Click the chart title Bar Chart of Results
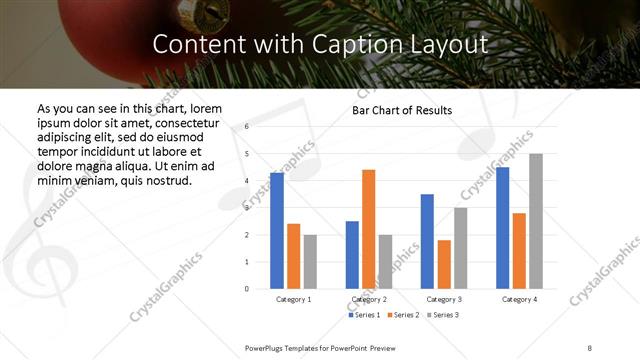(x=401, y=110)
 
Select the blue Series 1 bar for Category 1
(x=277, y=231)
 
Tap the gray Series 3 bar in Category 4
(x=536, y=221)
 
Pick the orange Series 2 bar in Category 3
(x=444, y=264)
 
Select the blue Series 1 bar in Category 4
(x=502, y=228)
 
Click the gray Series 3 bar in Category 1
(x=310, y=261)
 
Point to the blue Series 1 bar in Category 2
(x=352, y=255)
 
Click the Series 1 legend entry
(x=364, y=315)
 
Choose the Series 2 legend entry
(x=403, y=315)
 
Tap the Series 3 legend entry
(x=442, y=315)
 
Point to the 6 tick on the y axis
(x=246, y=127)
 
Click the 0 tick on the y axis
(x=246, y=289)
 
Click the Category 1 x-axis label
(x=293, y=299)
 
